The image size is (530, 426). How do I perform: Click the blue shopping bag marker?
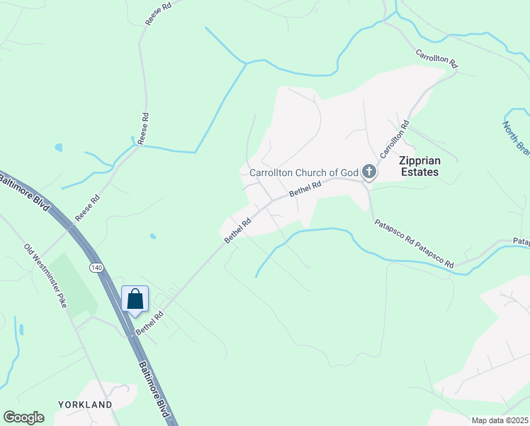pyautogui.click(x=135, y=300)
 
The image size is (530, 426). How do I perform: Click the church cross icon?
pyautogui.click(x=368, y=171)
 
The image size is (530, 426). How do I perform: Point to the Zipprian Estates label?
pyautogui.click(x=418, y=166)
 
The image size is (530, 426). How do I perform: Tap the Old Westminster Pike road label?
pyautogui.click(x=47, y=276)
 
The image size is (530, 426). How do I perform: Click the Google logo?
pyautogui.click(x=23, y=417)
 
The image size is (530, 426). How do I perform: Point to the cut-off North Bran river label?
pyautogui.click(x=515, y=138)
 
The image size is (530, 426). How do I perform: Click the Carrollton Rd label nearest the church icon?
pyautogui.click(x=394, y=140)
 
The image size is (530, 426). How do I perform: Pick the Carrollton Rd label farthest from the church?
pyautogui.click(x=436, y=59)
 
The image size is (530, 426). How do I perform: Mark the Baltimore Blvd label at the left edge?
pyautogui.click(x=27, y=192)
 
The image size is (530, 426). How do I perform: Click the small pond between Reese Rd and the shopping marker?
pyautogui.click(x=153, y=236)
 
